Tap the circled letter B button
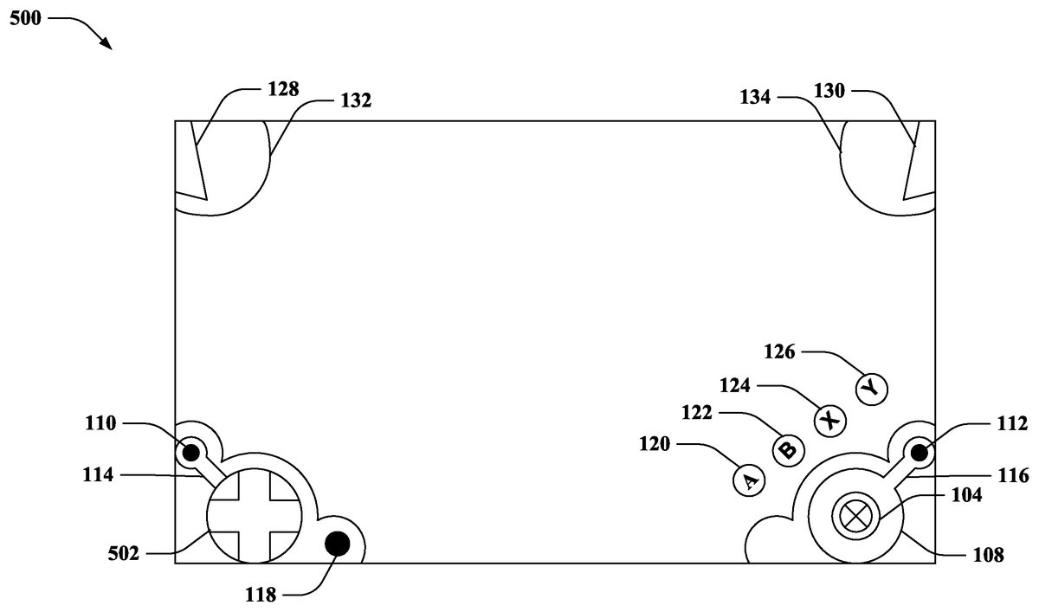tap(788, 450)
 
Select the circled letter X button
tap(830, 421)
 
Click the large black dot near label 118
tap(337, 544)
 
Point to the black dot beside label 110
tap(190, 450)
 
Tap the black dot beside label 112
tap(919, 451)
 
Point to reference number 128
tap(283, 88)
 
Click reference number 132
tap(356, 100)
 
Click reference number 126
tap(780, 351)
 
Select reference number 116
tap(1012, 475)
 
